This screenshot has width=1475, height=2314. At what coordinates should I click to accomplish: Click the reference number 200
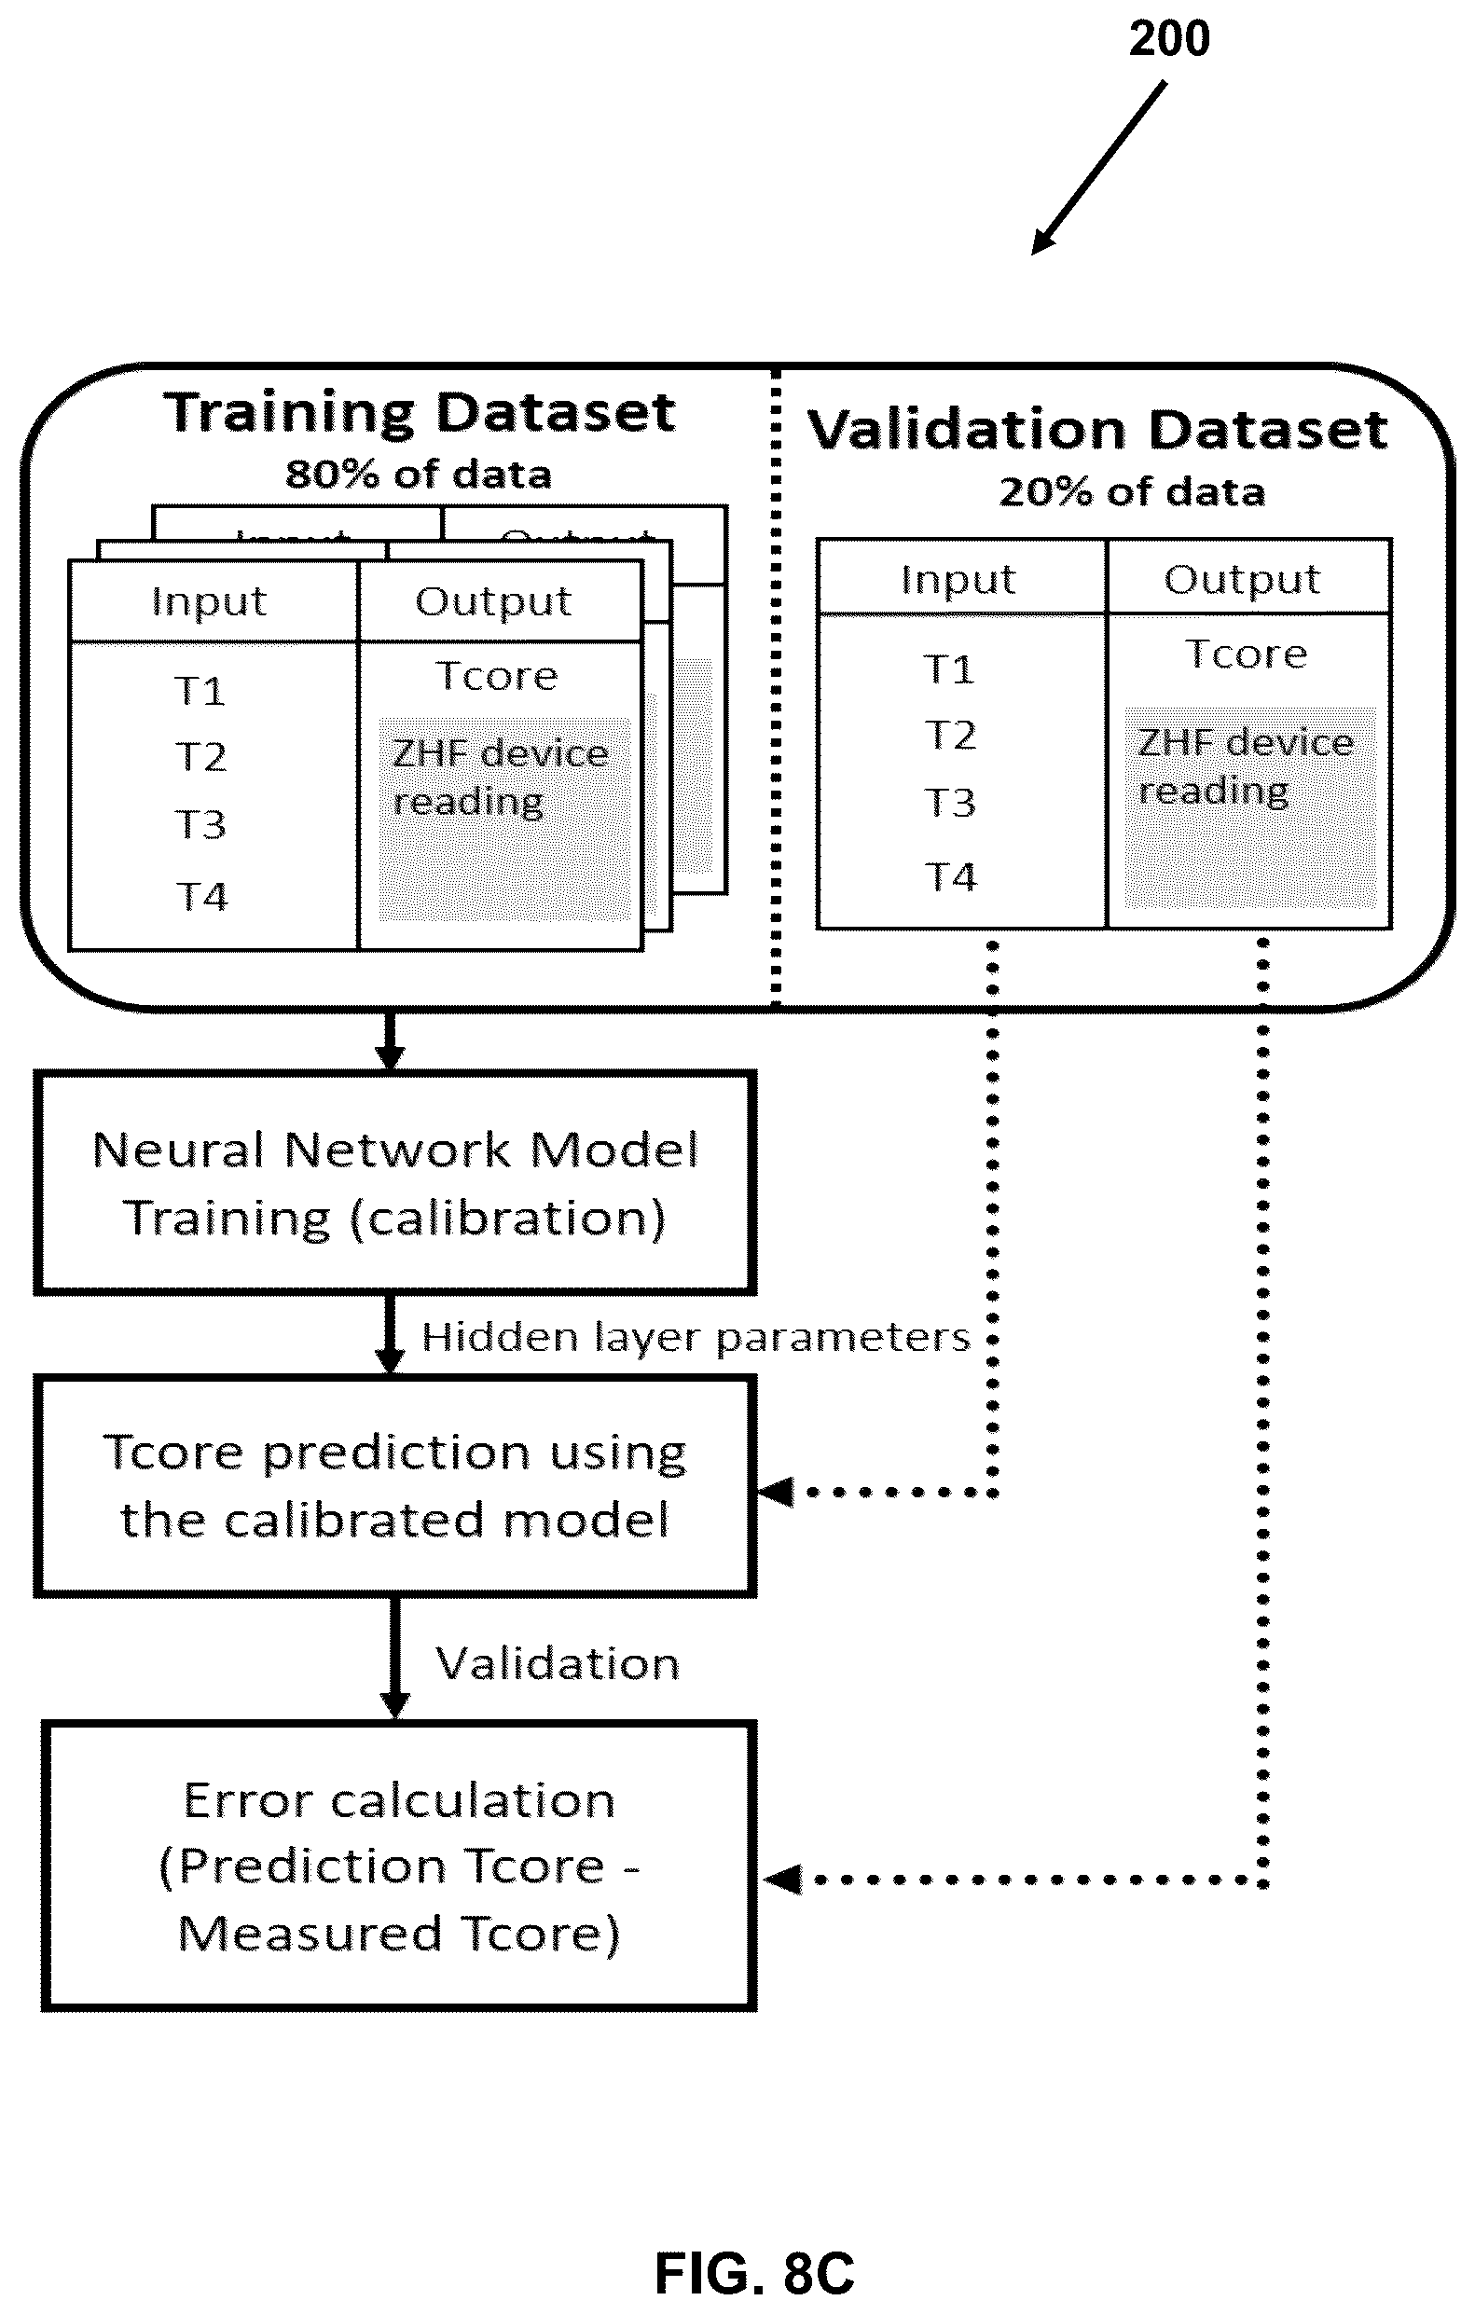click(1168, 39)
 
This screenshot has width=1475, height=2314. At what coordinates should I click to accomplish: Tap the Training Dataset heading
click(419, 413)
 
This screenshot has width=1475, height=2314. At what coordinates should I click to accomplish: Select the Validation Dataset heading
click(1097, 430)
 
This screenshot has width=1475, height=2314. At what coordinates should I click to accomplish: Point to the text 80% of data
click(419, 475)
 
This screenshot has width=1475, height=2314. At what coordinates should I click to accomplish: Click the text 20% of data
click(1132, 492)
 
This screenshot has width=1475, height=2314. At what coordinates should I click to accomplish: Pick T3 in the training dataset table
click(200, 825)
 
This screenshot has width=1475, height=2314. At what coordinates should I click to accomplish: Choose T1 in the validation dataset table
click(948, 669)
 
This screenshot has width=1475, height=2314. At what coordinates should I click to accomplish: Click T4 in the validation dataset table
click(949, 877)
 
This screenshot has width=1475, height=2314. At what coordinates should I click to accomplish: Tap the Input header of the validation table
click(958, 581)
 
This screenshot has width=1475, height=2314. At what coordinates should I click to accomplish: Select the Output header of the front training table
click(493, 601)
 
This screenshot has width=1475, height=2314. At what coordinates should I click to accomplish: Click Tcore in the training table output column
click(497, 677)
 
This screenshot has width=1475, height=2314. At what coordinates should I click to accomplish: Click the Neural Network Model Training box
click(395, 1183)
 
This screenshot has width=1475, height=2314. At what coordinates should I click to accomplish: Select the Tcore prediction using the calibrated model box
click(395, 1486)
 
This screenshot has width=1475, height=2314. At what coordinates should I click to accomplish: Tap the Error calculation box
click(399, 1866)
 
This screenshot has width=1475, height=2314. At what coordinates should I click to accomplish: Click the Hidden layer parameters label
click(696, 1338)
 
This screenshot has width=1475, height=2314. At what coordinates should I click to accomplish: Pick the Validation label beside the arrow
click(558, 1663)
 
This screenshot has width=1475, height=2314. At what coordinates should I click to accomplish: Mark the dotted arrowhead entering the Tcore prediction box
click(777, 1493)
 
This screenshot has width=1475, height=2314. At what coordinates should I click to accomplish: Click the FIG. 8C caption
click(754, 2274)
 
